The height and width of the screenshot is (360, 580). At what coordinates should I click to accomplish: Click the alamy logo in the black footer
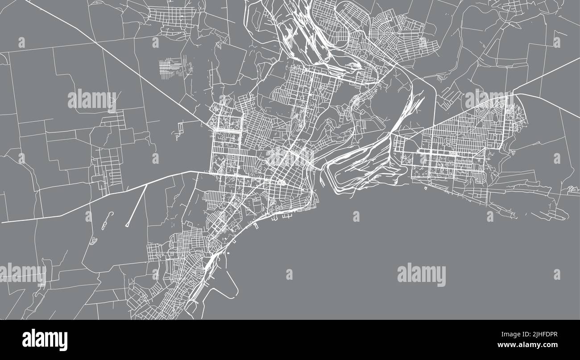point(45,339)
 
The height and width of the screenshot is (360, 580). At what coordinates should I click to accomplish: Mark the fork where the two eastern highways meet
point(513,93)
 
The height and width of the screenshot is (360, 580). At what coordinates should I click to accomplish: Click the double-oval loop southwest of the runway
point(93,241)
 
